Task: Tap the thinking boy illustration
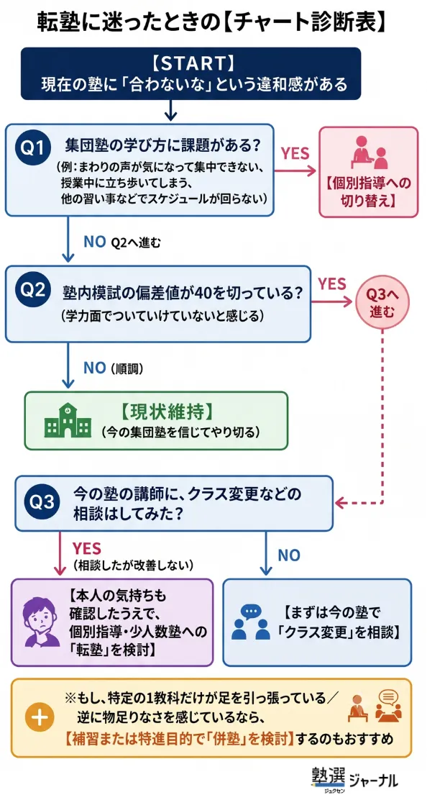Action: tap(42, 622)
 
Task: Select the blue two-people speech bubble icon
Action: tap(249, 622)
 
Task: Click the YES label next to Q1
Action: tap(295, 153)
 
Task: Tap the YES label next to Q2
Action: tap(332, 283)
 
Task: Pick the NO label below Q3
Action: tap(289, 555)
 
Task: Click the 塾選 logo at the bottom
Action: tap(329, 776)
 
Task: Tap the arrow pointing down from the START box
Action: tap(170, 110)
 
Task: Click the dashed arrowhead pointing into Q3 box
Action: tap(341, 504)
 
